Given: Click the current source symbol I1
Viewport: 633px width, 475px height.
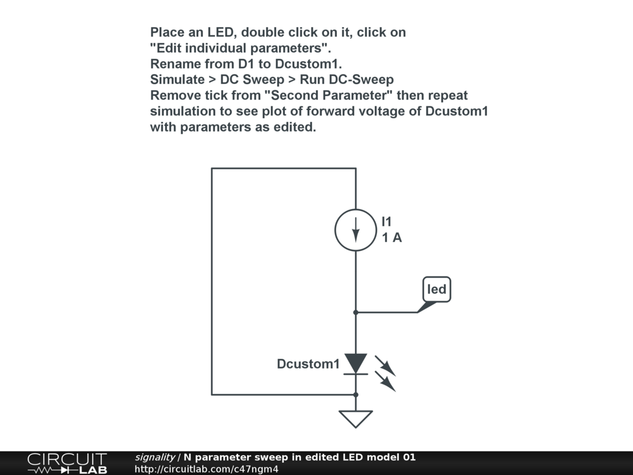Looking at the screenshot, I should click(x=355, y=230).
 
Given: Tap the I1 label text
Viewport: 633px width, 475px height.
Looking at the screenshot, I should click(x=386, y=221).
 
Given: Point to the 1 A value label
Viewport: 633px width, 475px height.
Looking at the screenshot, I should click(x=392, y=237).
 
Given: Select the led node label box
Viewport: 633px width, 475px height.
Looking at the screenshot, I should click(x=437, y=289).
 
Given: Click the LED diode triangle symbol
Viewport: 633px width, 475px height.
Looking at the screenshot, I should click(x=355, y=363).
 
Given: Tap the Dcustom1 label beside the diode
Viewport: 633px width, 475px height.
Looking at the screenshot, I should click(x=308, y=364).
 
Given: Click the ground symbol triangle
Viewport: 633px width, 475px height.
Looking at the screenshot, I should click(x=356, y=419).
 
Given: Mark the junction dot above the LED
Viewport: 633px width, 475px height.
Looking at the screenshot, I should click(x=355, y=312).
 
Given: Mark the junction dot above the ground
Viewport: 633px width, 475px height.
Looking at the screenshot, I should click(x=355, y=394).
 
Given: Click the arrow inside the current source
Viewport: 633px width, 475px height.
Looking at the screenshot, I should click(x=355, y=231).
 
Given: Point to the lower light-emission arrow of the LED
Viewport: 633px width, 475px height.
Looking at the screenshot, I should click(x=388, y=382).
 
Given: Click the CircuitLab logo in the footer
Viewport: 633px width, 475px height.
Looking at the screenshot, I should click(x=67, y=463).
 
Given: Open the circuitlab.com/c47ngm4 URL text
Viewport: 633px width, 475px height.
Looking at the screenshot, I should click(x=206, y=469).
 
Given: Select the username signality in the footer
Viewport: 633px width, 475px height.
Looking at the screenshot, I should click(x=155, y=458).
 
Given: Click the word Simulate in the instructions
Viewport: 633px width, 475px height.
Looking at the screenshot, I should click(x=177, y=80).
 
